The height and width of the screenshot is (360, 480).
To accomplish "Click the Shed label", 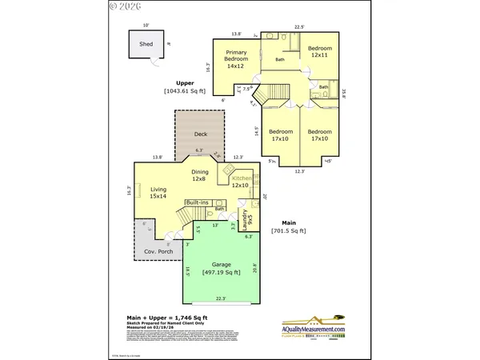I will pos(146,45).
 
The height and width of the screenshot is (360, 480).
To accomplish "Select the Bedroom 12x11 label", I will pos(319,51).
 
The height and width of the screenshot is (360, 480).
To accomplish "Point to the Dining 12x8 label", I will pos(200,175).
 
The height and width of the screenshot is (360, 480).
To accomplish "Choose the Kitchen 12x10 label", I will pos(242,182).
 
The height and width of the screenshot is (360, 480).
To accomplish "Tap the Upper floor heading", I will pos(186,82).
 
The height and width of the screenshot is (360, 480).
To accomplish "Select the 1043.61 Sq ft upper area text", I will pos(186,90).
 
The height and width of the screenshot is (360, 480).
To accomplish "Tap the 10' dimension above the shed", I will pos(146,25).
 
